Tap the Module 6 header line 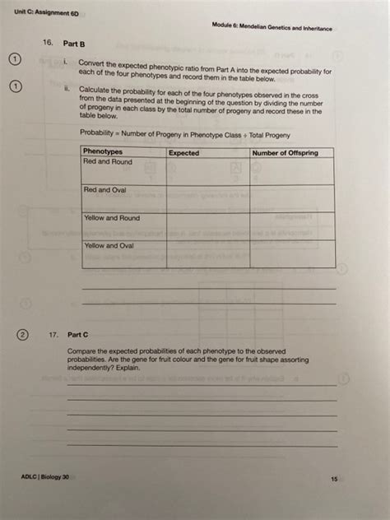[x=272, y=28]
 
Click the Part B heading [x=76, y=42]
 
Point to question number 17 [x=53, y=336]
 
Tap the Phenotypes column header [x=103, y=152]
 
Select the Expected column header [x=183, y=153]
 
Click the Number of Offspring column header [x=286, y=153]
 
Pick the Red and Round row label [x=108, y=162]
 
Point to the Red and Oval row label [x=106, y=190]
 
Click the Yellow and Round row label [x=112, y=218]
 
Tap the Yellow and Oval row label [x=109, y=245]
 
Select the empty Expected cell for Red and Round [x=208, y=171]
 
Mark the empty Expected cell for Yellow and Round [x=208, y=226]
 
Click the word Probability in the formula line [x=98, y=133]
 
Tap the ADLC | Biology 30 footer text [x=46, y=477]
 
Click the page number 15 [x=334, y=478]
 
